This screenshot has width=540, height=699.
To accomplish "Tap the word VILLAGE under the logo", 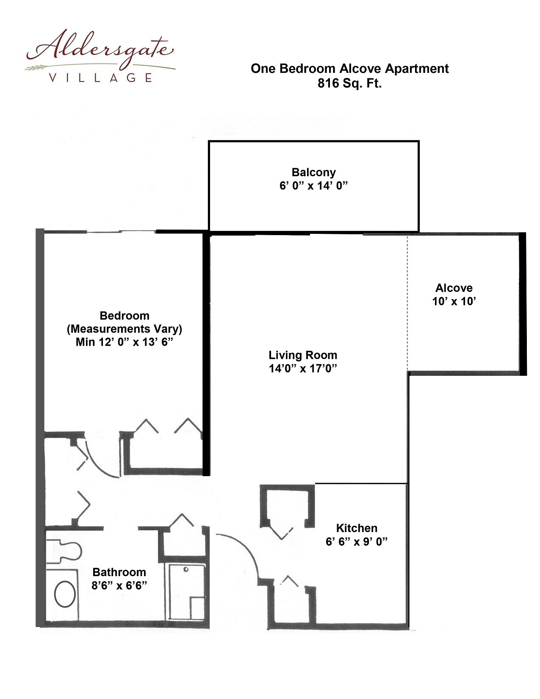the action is click(x=100, y=78).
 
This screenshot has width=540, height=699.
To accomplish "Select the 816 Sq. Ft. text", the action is click(x=349, y=83).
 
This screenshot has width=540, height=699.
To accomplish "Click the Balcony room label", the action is click(x=313, y=172).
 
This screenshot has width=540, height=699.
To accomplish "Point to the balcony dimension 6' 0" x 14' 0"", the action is click(x=313, y=186).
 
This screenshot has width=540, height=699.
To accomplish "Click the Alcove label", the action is click(x=454, y=288).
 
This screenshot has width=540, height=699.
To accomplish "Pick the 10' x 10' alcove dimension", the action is click(x=454, y=301).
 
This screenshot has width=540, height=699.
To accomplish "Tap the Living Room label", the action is click(x=303, y=355).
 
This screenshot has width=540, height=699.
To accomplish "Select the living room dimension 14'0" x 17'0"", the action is click(x=303, y=368).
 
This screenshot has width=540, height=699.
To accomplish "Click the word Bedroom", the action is click(x=125, y=316).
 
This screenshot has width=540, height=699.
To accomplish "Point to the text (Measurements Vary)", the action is click(x=125, y=329).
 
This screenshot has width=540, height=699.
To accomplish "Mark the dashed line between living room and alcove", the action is click(x=407, y=302).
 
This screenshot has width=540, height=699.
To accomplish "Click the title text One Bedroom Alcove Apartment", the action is click(x=349, y=69).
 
